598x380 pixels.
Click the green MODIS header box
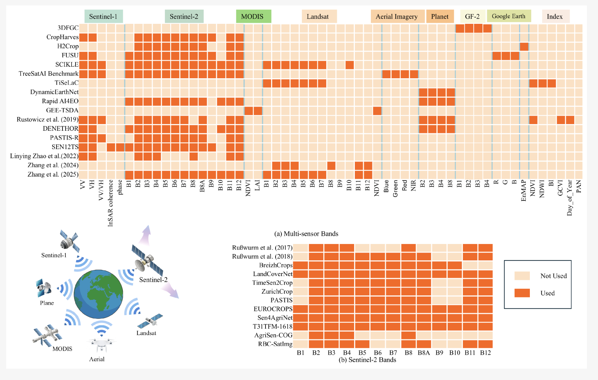(254, 16)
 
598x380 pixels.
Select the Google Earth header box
(509, 16)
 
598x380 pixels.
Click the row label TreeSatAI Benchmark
(48, 74)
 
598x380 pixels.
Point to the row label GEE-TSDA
(62, 110)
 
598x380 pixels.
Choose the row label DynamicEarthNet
(54, 92)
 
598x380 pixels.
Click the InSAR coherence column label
(111, 203)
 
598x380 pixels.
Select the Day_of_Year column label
(569, 197)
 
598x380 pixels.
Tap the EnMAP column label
(524, 191)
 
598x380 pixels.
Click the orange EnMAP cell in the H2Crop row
(524, 47)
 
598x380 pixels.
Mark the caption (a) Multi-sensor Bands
(306, 234)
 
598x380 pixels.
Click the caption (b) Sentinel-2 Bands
(368, 360)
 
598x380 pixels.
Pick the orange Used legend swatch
(522, 293)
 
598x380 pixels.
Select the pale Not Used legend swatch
(522, 276)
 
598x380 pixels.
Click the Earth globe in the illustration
(99, 294)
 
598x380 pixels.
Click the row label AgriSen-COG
(273, 335)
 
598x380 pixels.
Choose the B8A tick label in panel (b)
(424, 353)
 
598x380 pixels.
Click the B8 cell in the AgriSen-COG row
(408, 335)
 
